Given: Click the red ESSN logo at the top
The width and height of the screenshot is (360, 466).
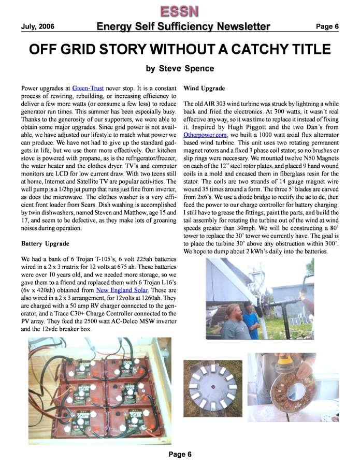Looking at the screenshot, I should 179,11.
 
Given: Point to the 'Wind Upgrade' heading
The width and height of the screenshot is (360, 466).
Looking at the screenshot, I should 204,89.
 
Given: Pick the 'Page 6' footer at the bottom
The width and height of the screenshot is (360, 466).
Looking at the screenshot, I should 180,454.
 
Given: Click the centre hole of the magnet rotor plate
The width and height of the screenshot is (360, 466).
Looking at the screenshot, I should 213,386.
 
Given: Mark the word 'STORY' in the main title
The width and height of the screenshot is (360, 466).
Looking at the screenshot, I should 120,50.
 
